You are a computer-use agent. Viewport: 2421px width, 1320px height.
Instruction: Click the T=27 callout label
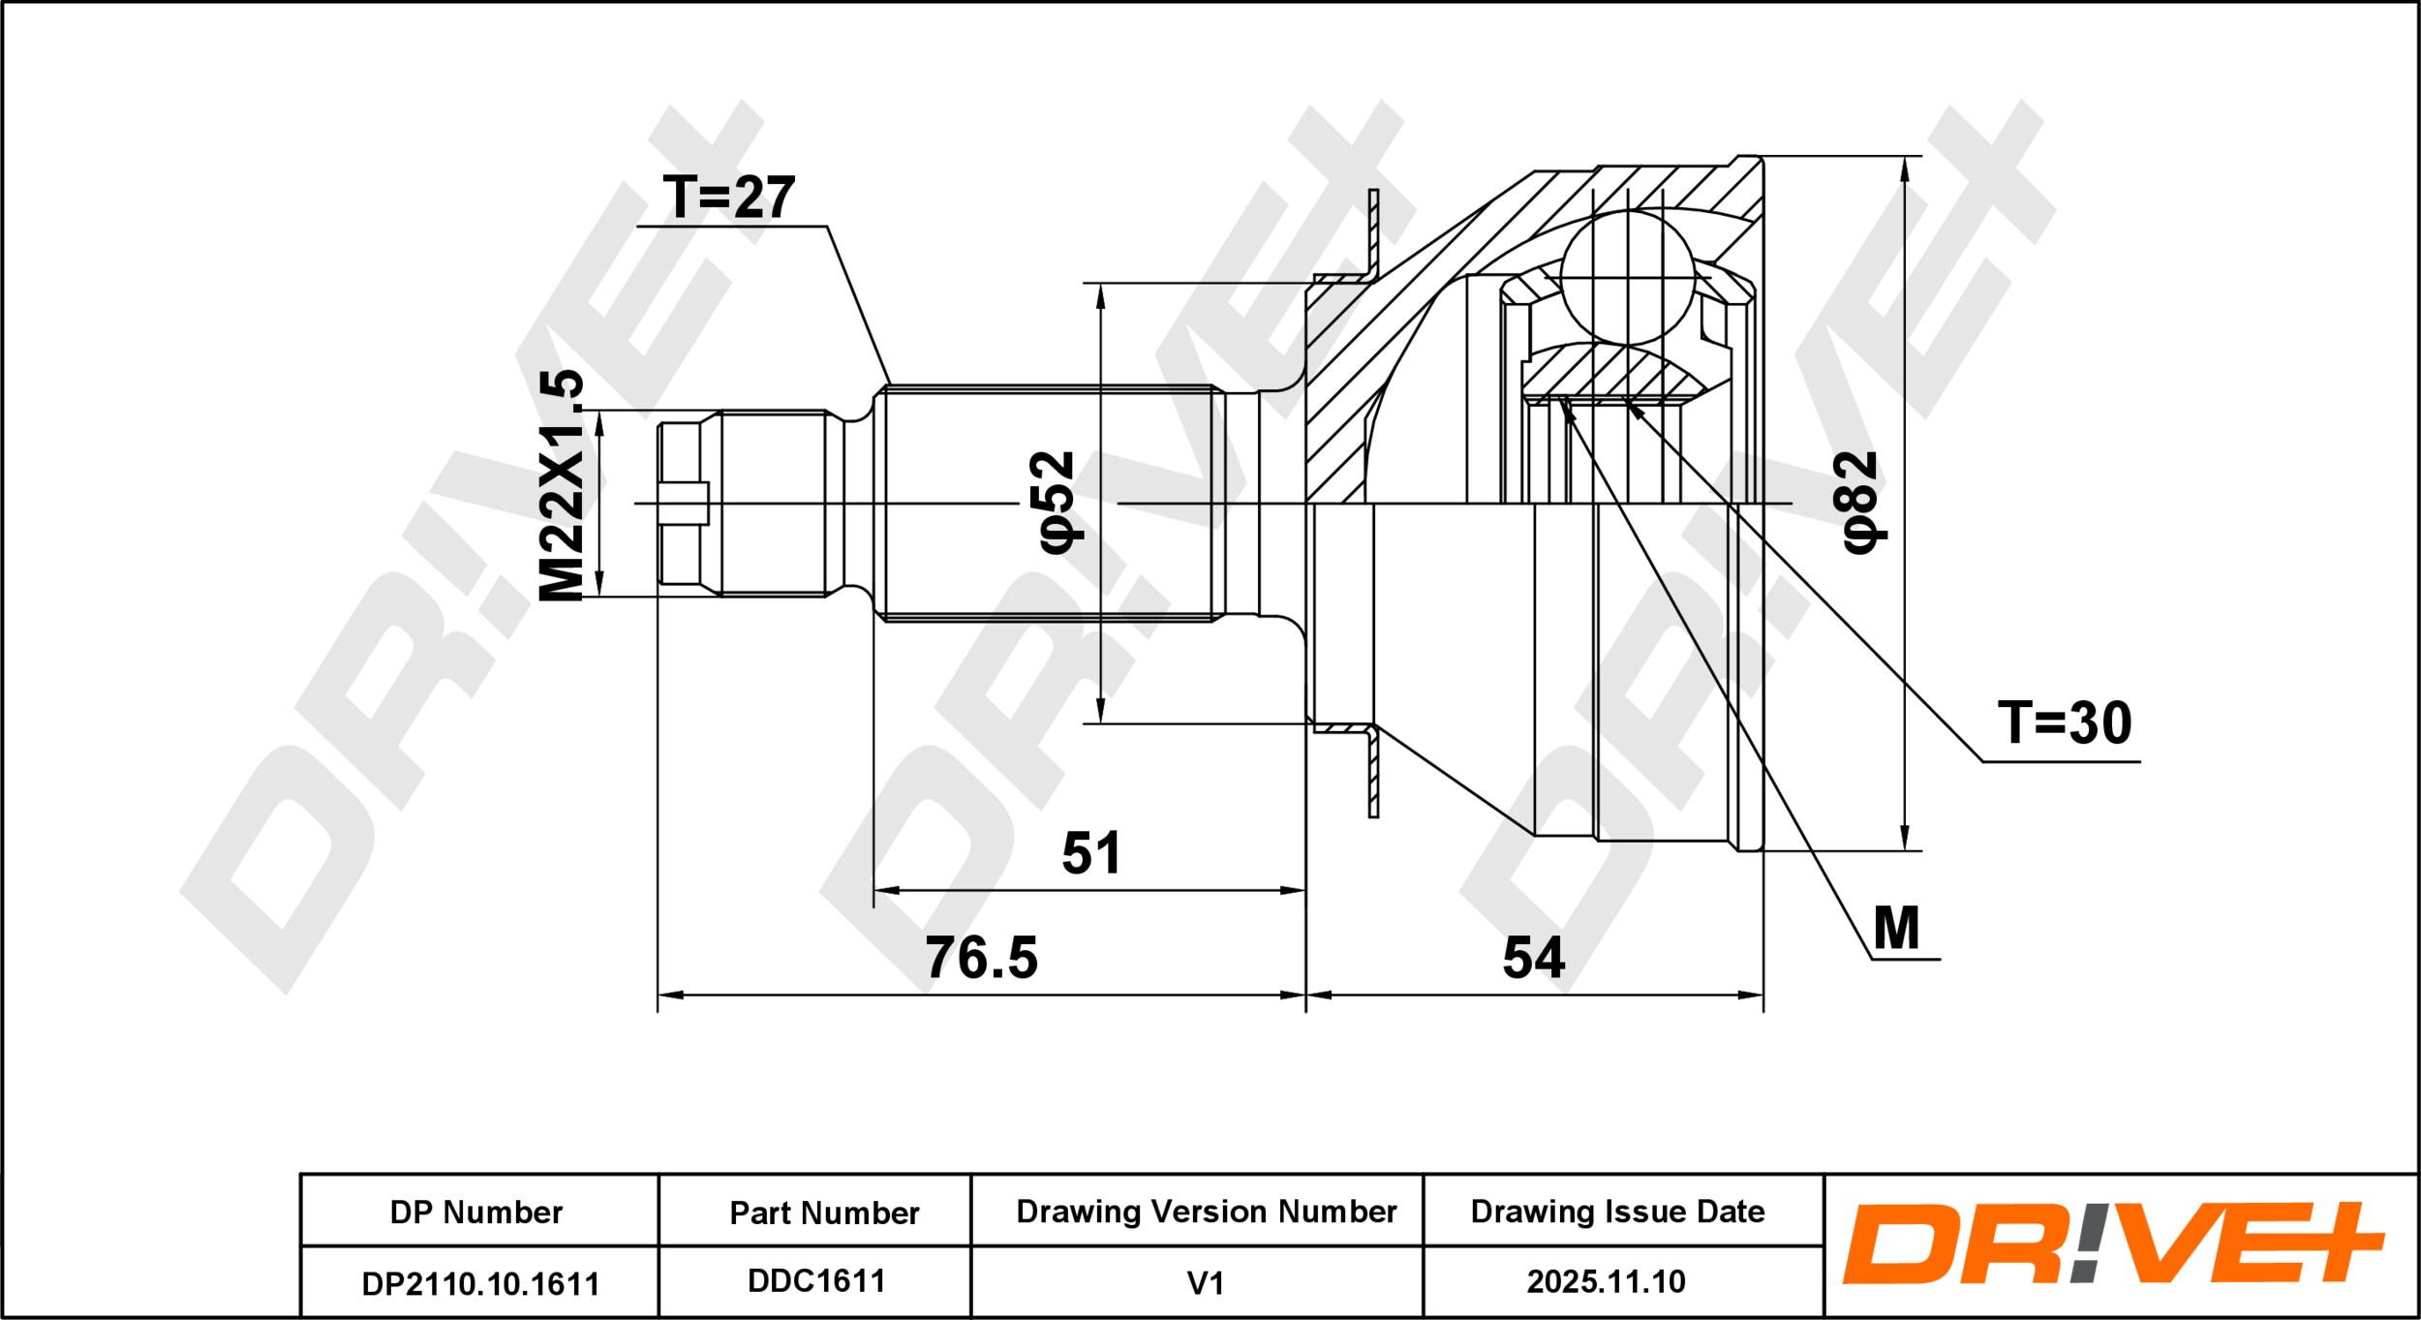pyautogui.click(x=729, y=198)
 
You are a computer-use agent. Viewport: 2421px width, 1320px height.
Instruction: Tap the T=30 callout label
pyautogui.click(x=2065, y=722)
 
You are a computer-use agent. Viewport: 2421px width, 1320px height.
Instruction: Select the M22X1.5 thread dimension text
pyautogui.click(x=563, y=485)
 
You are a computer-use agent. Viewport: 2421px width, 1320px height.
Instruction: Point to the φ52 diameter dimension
pyautogui.click(x=1057, y=502)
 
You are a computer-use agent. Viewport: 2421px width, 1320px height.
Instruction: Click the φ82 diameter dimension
pyautogui.click(x=1860, y=502)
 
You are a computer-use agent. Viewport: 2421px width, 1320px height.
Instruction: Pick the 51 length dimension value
pyautogui.click(x=1091, y=852)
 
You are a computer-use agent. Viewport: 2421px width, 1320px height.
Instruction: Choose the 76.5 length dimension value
pyautogui.click(x=981, y=957)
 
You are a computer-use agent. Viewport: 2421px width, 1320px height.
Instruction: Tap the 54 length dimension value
pyautogui.click(x=1534, y=957)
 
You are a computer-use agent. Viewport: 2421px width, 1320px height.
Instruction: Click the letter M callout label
pyautogui.click(x=1896, y=929)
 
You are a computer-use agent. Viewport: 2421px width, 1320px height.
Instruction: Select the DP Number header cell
pyautogui.click(x=476, y=1212)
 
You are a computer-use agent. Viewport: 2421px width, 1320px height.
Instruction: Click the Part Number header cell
pyautogui.click(x=824, y=1213)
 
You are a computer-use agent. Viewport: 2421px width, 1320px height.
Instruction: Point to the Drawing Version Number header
pyautogui.click(x=1207, y=1211)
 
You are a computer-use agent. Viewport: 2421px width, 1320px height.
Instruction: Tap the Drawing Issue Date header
pyautogui.click(x=1617, y=1211)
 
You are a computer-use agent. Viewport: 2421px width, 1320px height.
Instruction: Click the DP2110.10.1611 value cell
pyautogui.click(x=480, y=1284)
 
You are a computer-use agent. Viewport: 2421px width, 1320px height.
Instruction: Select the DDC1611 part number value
pyautogui.click(x=816, y=1281)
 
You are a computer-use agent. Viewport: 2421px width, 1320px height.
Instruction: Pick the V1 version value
pyautogui.click(x=1206, y=1283)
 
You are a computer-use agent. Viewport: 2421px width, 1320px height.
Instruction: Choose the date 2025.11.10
pyautogui.click(x=1607, y=1282)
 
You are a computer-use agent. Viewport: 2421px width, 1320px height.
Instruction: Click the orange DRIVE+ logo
pyautogui.click(x=2113, y=1243)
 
